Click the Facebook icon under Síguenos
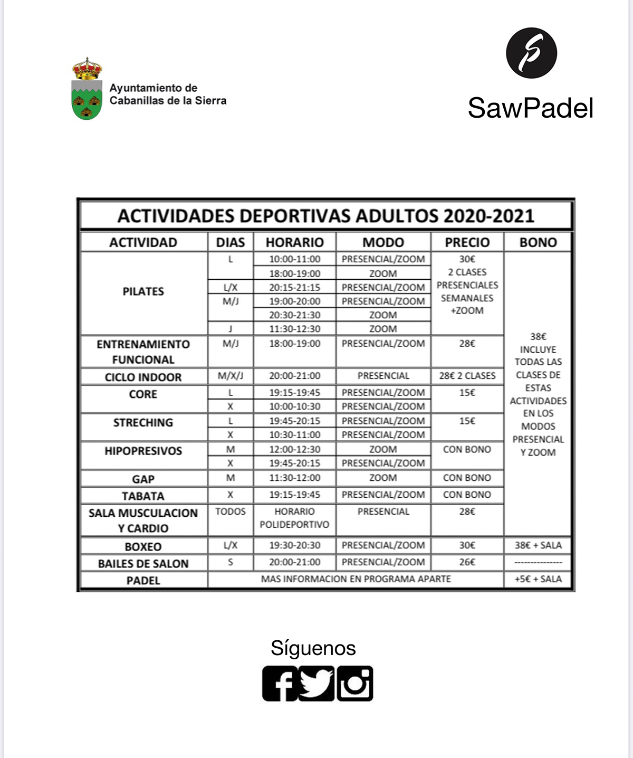(x=280, y=684)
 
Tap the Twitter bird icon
(x=316, y=684)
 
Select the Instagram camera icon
(x=355, y=684)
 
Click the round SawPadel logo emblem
(x=531, y=53)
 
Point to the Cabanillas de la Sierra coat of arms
(x=87, y=89)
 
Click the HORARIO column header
(x=294, y=242)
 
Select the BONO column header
(x=538, y=242)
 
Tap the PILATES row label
(x=143, y=291)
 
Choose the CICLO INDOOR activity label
(x=143, y=377)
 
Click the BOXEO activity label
(x=143, y=546)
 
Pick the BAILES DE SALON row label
(x=143, y=563)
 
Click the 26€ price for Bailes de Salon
(x=467, y=562)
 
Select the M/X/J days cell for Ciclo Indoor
(x=231, y=376)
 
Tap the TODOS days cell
(x=231, y=511)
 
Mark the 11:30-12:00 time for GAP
(x=294, y=478)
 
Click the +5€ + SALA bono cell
(x=538, y=579)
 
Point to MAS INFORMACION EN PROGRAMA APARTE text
(x=356, y=579)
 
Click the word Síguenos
(x=313, y=648)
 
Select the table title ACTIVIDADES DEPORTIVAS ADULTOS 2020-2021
(x=325, y=216)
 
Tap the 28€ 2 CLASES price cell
(x=467, y=376)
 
